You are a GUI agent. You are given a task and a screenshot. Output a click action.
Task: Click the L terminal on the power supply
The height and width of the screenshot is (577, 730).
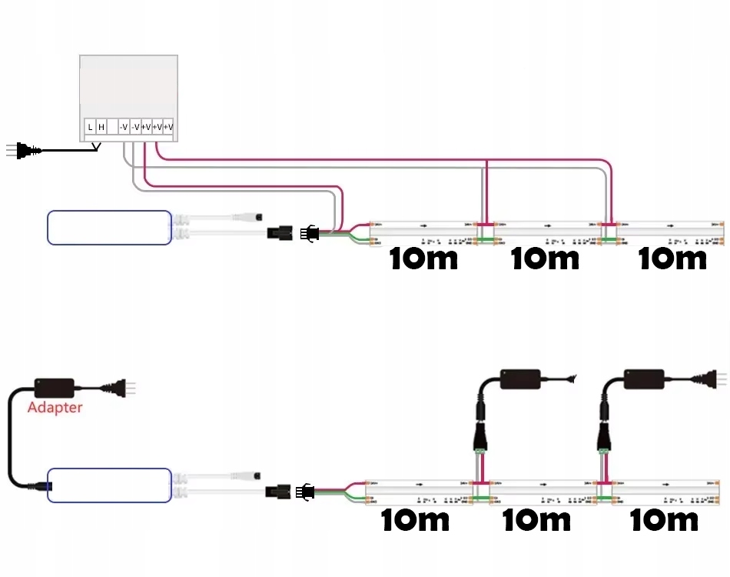point(90,127)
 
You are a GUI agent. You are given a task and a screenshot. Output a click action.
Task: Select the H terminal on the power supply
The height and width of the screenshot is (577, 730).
point(101,127)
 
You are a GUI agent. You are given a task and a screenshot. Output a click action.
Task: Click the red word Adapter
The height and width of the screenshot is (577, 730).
point(55,407)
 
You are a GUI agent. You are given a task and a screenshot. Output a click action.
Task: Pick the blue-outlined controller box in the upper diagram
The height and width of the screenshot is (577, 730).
point(109,228)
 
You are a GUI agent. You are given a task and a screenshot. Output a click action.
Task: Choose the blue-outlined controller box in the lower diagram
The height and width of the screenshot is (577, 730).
point(109,485)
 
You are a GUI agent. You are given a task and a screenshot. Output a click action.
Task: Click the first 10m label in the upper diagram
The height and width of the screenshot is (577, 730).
point(423,258)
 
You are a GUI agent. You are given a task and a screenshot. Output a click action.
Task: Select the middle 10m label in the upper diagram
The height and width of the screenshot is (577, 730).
point(545,258)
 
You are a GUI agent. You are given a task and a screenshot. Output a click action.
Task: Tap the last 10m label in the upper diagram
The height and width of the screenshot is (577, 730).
point(672,258)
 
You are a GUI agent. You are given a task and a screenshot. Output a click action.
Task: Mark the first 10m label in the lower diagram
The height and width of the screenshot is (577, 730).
point(416,520)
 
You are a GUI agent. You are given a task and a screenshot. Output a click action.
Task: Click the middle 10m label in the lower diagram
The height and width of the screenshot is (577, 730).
point(536,520)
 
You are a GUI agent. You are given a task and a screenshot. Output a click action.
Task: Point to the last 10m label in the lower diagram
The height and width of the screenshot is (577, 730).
point(664,520)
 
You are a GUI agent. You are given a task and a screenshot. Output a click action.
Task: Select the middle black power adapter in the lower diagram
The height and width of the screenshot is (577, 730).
point(520,379)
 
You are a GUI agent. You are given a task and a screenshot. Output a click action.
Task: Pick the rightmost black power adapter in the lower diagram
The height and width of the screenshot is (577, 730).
point(644,379)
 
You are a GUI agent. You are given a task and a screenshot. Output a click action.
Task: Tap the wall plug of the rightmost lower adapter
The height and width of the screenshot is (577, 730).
point(716,378)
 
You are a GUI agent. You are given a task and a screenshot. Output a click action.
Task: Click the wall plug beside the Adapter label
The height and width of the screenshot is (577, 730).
point(124,389)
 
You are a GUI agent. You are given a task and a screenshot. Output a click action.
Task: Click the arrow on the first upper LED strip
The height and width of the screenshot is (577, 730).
point(422,225)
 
